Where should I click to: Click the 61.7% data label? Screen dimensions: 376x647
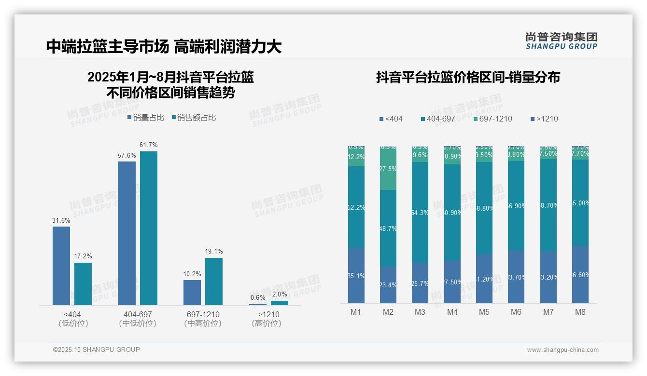coord(148,145)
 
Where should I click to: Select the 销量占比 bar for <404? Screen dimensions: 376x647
coord(61,266)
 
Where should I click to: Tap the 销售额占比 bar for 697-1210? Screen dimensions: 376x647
coord(214,281)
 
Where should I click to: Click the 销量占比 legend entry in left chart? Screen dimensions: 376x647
coord(145,117)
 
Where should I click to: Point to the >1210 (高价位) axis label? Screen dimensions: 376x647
coord(266,319)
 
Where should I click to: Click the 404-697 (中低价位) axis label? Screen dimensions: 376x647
coord(138,319)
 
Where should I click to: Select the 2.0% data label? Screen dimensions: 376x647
coord(279,294)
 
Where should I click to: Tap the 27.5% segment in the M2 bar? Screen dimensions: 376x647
coord(388,169)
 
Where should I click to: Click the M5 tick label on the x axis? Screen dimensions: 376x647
coord(484,312)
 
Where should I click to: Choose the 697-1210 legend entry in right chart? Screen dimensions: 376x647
coord(492,119)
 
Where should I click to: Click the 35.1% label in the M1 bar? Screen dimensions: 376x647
coord(356,276)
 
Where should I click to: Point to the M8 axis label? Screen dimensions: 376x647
coord(580,312)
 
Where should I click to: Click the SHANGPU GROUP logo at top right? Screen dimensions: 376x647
coord(562,40)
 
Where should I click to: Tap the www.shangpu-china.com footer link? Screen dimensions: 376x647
coord(563,350)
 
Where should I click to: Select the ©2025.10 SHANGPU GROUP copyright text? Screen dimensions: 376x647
coord(97,349)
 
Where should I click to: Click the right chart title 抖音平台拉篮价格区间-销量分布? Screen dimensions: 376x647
coord(468,77)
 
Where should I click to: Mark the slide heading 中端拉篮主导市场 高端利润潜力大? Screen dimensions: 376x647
coord(164,46)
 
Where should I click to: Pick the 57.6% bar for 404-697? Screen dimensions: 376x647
coord(127,233)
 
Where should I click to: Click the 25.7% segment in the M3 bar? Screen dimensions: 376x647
coord(420,283)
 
